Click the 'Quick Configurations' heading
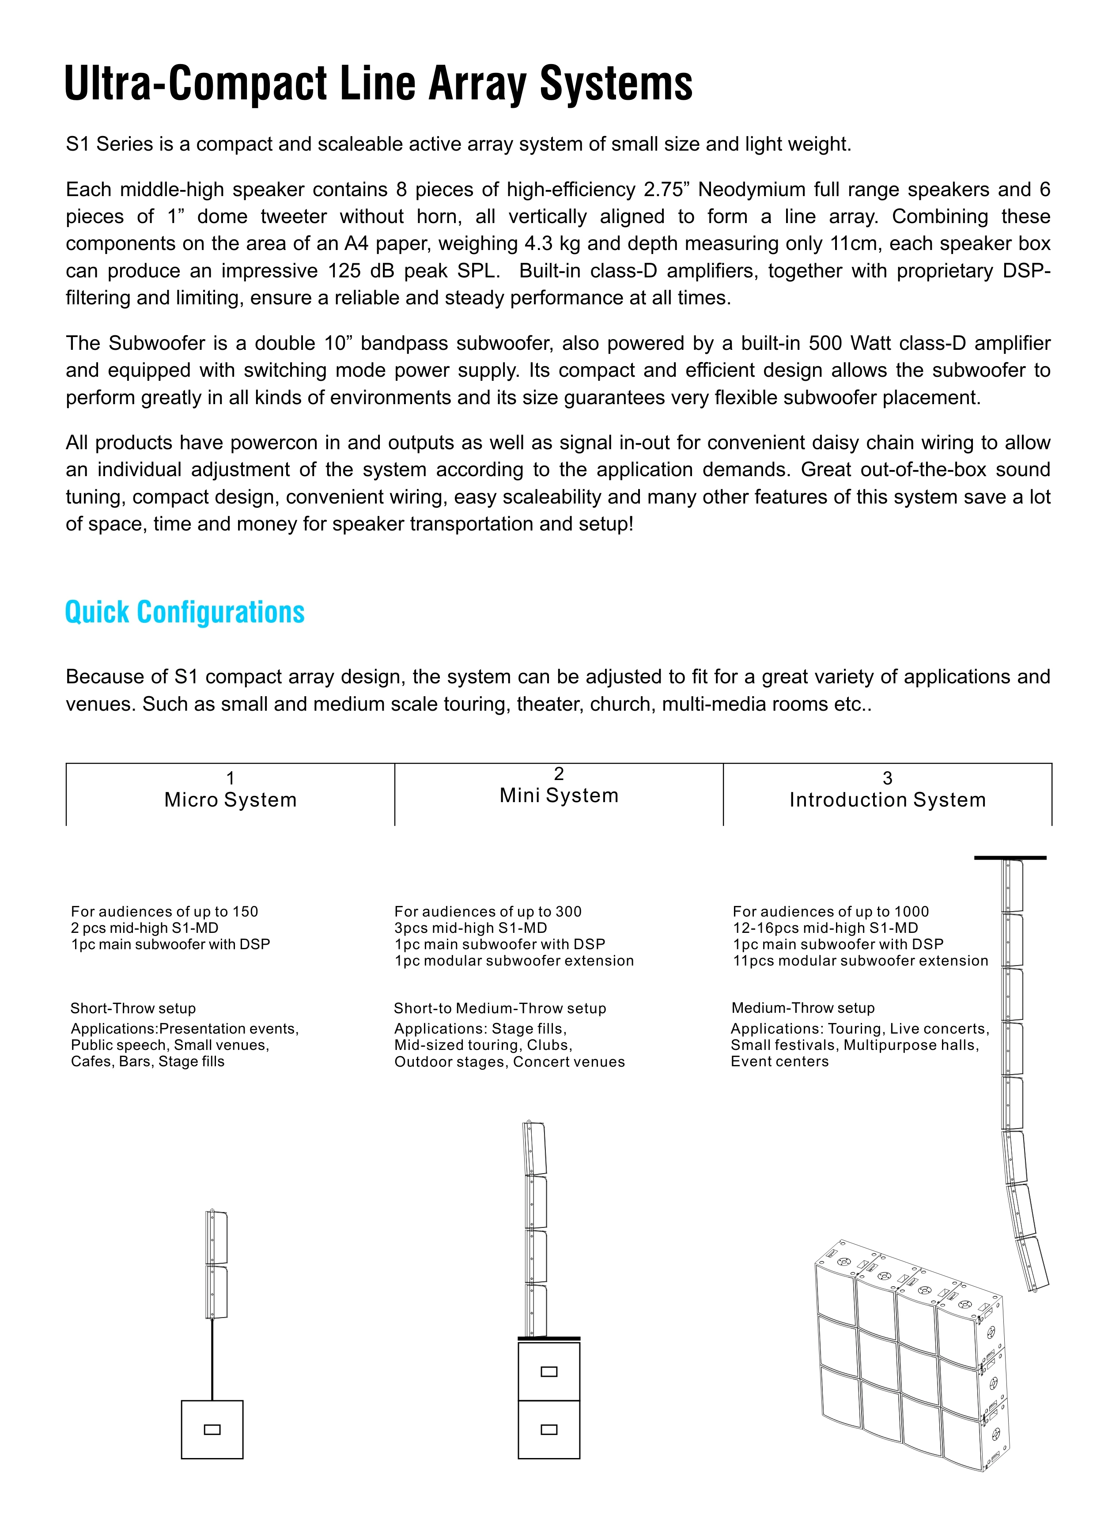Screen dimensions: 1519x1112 coord(185,613)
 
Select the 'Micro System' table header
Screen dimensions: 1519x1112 coord(230,799)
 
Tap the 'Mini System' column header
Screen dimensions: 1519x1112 coord(559,795)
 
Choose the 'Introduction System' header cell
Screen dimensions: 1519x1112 coord(887,799)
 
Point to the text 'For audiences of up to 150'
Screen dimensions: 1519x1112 coord(164,912)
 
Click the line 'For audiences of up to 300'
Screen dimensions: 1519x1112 coord(488,912)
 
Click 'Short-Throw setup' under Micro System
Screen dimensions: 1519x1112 coord(133,1008)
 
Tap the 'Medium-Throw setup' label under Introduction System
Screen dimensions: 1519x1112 coord(802,1008)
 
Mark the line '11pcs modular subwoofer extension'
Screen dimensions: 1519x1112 coord(860,961)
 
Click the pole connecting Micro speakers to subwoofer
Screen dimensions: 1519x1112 coord(212,1360)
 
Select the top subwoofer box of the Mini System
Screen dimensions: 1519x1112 coord(548,1371)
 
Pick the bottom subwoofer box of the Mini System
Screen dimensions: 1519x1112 coord(548,1429)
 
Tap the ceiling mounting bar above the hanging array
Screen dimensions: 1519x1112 coord(1010,858)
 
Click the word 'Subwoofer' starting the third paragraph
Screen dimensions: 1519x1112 coord(156,343)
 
